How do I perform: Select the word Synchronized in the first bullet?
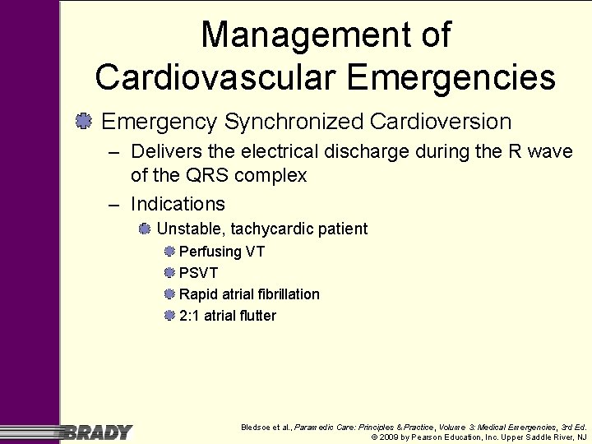[x=293, y=122]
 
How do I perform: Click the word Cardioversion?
[x=441, y=122]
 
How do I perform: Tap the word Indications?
[x=178, y=203]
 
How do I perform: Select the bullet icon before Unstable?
[x=145, y=228]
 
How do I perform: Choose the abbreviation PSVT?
[x=198, y=273]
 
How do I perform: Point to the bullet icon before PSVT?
[x=169, y=272]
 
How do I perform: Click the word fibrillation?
[x=286, y=294]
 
